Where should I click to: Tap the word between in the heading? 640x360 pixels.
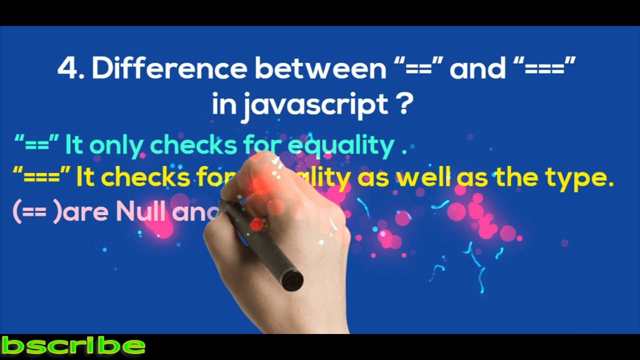[320, 68]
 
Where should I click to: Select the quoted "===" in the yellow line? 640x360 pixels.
[41, 176]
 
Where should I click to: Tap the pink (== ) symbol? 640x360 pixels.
[37, 212]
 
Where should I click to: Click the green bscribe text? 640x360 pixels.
[73, 345]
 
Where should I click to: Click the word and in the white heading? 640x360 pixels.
[477, 68]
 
